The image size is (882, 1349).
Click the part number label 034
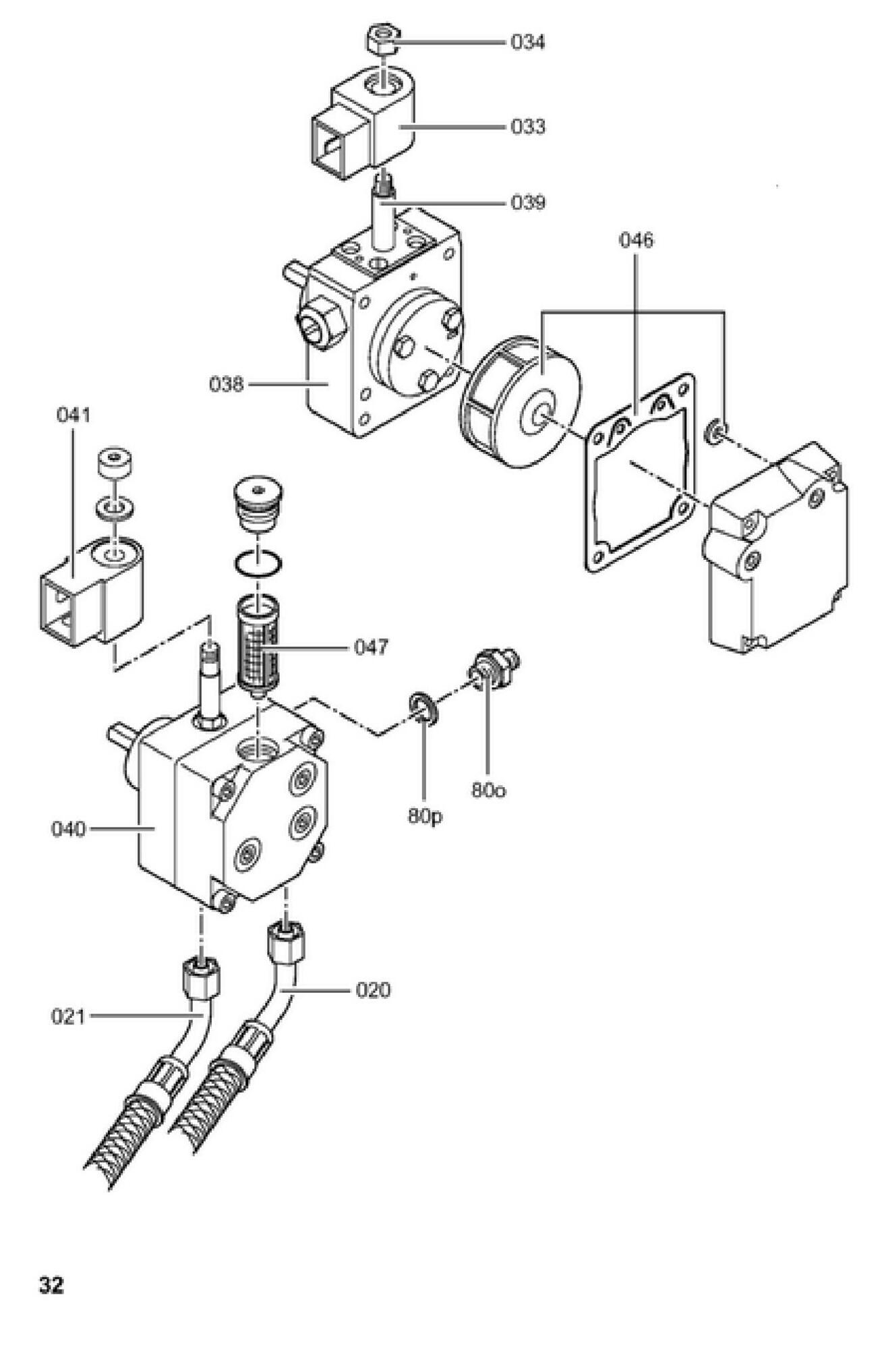(x=528, y=42)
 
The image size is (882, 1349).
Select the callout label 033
(x=528, y=127)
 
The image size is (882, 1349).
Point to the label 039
(x=528, y=202)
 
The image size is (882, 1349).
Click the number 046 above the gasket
(x=637, y=239)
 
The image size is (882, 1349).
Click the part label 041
(x=73, y=415)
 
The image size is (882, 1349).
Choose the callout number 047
(x=372, y=648)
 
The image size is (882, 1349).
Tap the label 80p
(x=425, y=817)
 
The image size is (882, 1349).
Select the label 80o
(x=488, y=790)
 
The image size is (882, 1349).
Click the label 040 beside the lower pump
(x=69, y=828)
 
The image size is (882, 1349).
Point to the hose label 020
(x=373, y=990)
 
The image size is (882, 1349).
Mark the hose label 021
(x=69, y=1016)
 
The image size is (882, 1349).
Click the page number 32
(x=51, y=1286)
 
